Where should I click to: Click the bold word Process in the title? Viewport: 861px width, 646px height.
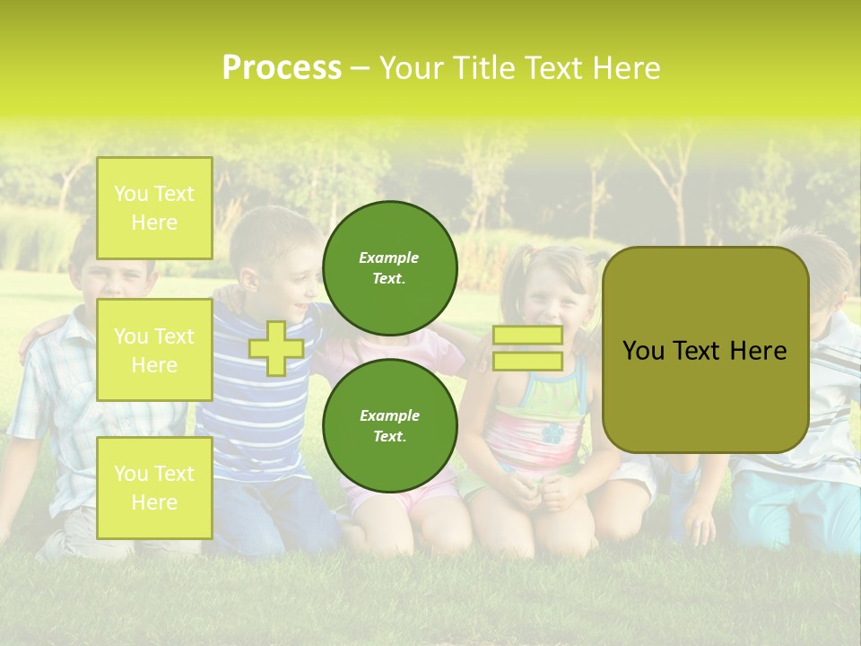(x=282, y=68)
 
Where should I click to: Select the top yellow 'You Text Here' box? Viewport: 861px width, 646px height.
(x=154, y=208)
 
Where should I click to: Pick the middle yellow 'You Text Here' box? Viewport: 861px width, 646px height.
(x=154, y=350)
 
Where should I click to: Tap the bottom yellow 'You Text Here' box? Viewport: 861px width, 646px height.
(x=154, y=488)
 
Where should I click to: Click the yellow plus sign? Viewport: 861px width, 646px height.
(x=276, y=348)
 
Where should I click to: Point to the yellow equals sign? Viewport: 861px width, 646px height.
(x=527, y=348)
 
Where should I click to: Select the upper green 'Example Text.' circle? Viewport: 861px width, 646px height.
(x=389, y=268)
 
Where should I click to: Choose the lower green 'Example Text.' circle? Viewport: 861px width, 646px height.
(x=389, y=426)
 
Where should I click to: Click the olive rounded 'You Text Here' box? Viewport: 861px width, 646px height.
(x=705, y=350)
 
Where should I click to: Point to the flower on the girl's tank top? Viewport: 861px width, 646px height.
(x=552, y=433)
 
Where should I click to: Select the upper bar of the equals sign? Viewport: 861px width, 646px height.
(x=527, y=336)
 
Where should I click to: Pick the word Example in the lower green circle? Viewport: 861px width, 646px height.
(x=389, y=415)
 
